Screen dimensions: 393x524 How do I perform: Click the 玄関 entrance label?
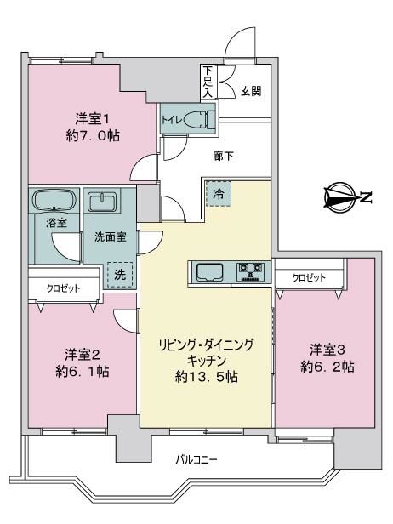tap(251, 91)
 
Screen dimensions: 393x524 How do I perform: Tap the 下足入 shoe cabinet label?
tap(208, 82)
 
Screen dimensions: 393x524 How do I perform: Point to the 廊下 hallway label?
tap(223, 156)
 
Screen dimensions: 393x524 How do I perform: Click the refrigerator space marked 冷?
tap(219, 194)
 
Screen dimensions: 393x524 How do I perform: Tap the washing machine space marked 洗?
tap(120, 275)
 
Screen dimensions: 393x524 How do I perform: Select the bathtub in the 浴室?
tap(54, 200)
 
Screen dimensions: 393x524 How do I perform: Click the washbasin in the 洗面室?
tap(102, 202)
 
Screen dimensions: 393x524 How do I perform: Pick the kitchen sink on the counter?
tap(210, 272)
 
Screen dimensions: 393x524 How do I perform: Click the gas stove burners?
tap(250, 271)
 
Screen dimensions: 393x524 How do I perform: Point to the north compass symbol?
tap(340, 197)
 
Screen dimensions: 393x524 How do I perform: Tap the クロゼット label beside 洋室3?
tap(309, 277)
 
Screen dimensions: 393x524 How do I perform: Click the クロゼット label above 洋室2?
tap(63, 288)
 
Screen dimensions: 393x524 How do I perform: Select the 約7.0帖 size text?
tap(93, 135)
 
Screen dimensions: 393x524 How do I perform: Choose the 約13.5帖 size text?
tap(207, 378)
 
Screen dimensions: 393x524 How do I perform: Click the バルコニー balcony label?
tap(196, 460)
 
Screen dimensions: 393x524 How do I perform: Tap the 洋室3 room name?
tap(327, 350)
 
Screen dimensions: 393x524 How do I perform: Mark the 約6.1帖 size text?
tap(83, 371)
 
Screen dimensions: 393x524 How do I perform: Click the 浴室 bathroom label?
tap(56, 223)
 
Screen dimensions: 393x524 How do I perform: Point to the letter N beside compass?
tap(367, 197)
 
